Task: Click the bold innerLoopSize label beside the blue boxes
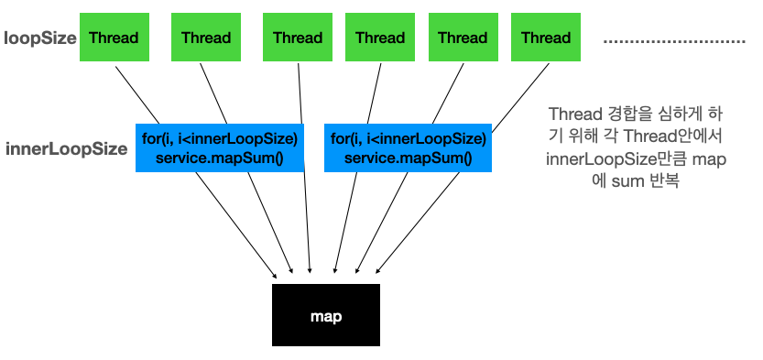(x=66, y=148)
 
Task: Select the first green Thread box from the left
(x=114, y=38)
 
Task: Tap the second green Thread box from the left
(x=206, y=38)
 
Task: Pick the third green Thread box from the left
(x=298, y=38)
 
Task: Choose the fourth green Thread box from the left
(x=380, y=38)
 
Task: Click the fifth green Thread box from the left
(x=463, y=38)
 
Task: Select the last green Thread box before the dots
(x=546, y=38)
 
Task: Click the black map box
(x=326, y=316)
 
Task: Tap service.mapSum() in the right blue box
(x=408, y=158)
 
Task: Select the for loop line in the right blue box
(x=408, y=139)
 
